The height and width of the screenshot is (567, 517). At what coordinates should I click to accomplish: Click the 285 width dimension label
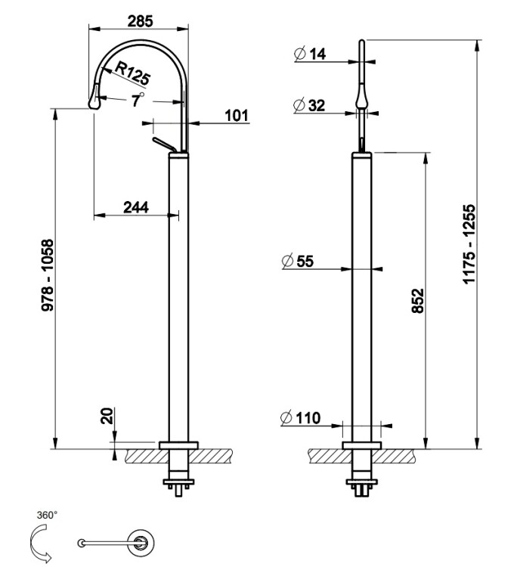click(x=140, y=21)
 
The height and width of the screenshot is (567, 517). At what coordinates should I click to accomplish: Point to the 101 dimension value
click(x=237, y=116)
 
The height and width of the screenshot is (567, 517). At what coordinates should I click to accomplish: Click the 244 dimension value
click(x=136, y=206)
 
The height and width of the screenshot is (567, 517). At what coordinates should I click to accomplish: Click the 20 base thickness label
click(x=107, y=416)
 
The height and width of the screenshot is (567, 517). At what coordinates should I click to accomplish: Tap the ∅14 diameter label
click(x=310, y=54)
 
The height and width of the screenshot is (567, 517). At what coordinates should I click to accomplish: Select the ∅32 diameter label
click(x=309, y=106)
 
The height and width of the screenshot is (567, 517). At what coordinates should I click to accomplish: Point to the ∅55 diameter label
click(x=297, y=262)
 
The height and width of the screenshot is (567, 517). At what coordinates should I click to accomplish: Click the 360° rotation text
click(x=47, y=515)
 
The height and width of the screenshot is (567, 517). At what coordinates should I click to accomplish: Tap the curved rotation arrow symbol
click(x=39, y=542)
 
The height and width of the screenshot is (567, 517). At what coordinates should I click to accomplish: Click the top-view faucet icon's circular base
click(x=141, y=541)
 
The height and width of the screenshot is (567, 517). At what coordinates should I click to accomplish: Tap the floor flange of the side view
click(x=178, y=445)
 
